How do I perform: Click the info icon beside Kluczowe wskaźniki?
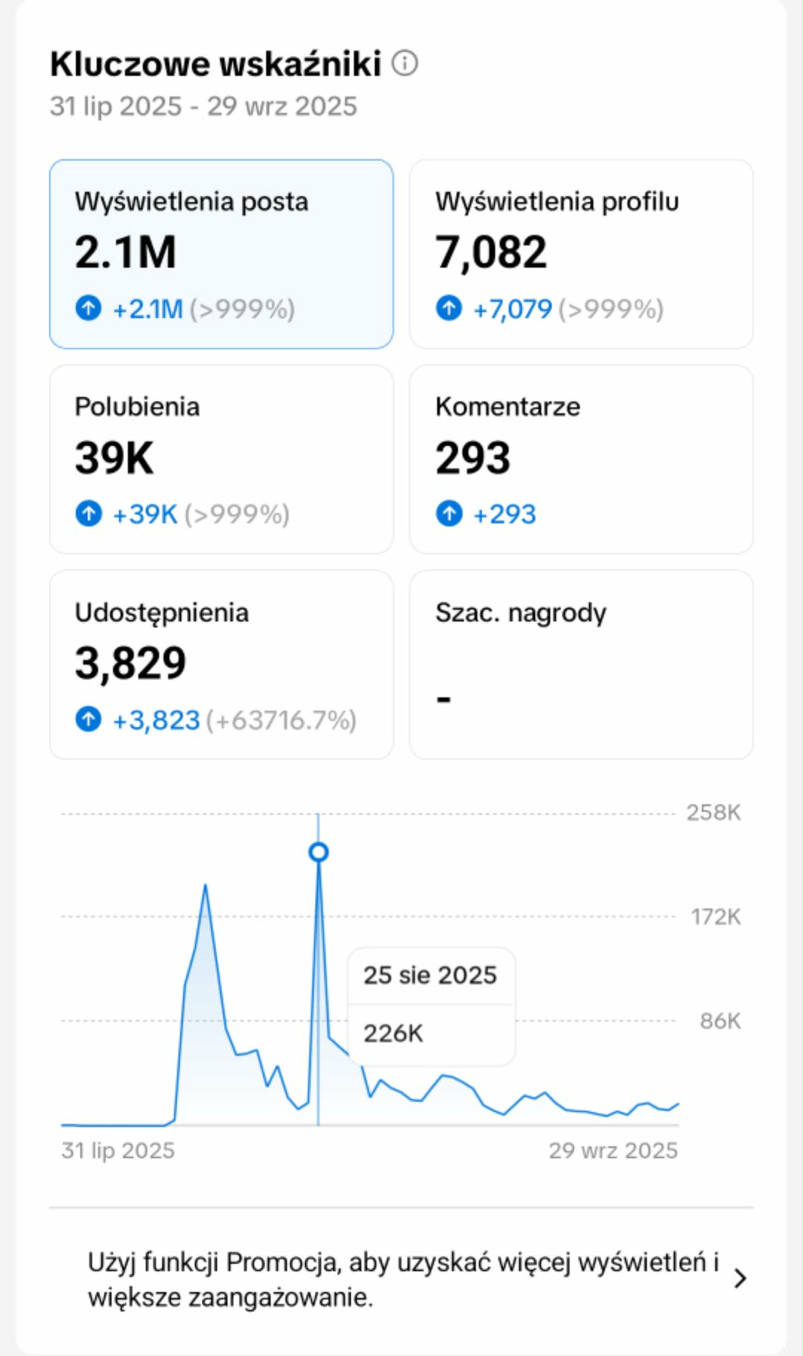click(404, 63)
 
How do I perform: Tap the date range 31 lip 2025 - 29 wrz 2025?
click(203, 106)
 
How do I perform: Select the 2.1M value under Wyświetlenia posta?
click(125, 252)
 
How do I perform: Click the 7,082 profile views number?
click(491, 252)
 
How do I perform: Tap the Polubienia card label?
click(137, 407)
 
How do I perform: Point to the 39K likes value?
click(114, 457)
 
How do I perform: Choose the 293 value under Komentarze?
click(473, 457)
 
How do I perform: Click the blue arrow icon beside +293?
click(449, 513)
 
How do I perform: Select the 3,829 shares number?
click(130, 663)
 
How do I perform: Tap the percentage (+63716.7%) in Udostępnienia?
click(281, 720)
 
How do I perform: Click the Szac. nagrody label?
click(520, 613)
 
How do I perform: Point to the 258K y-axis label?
click(713, 813)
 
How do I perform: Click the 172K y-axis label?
click(715, 917)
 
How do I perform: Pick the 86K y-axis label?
click(720, 1021)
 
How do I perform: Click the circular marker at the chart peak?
click(318, 852)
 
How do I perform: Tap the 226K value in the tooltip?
click(393, 1033)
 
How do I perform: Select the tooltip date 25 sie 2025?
click(430, 975)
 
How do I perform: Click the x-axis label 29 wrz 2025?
click(613, 1150)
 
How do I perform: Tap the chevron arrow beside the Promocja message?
click(740, 1279)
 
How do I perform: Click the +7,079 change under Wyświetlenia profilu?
click(512, 309)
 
